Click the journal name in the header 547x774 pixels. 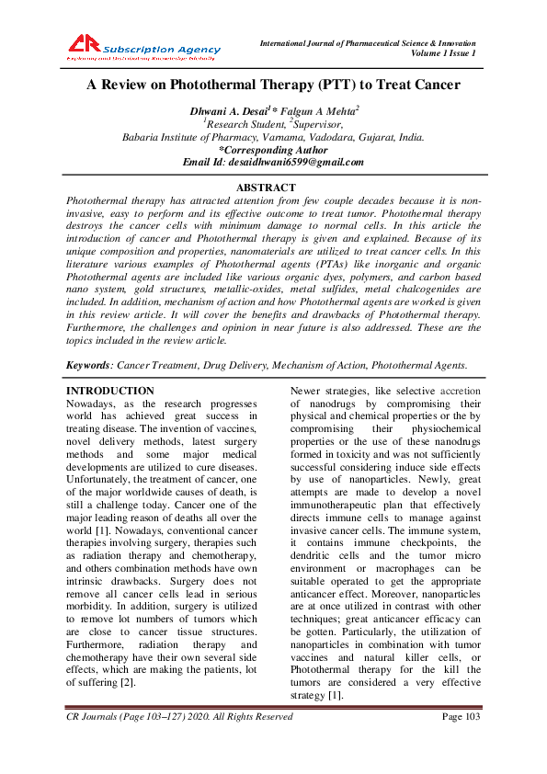click(x=368, y=43)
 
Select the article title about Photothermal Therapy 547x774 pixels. click(x=273, y=85)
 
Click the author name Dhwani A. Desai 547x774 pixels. click(x=223, y=111)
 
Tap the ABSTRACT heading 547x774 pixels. click(x=273, y=187)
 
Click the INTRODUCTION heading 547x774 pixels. click(x=111, y=391)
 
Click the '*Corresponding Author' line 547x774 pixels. click(x=273, y=150)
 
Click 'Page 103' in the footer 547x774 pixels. click(x=462, y=716)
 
